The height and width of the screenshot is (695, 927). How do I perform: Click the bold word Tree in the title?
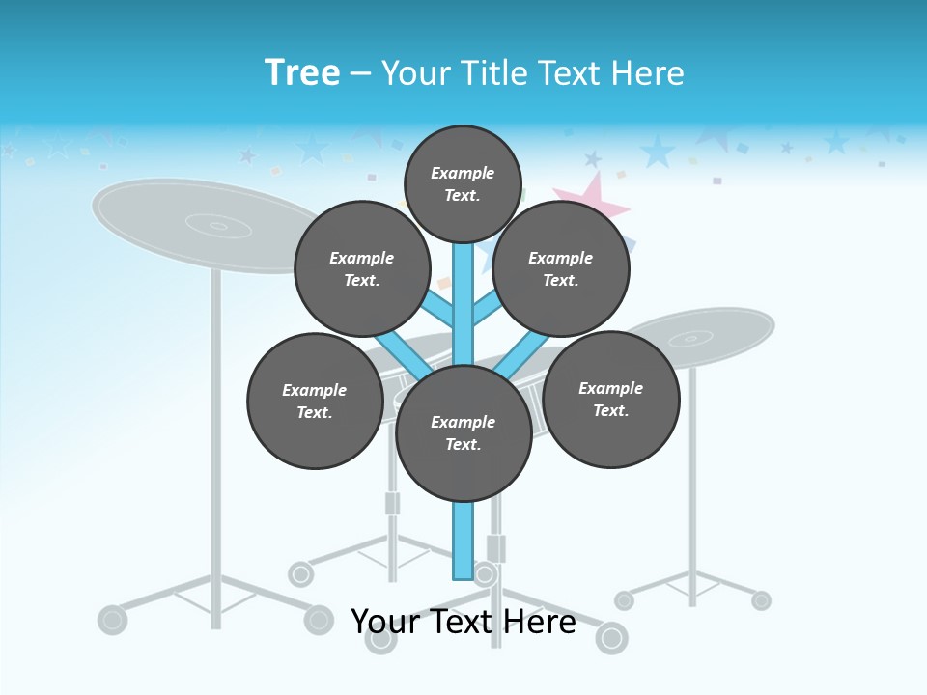(302, 72)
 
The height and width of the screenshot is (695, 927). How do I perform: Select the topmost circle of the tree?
(463, 183)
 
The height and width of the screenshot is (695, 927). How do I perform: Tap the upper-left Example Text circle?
(361, 268)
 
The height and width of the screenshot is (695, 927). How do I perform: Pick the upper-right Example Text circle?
(561, 268)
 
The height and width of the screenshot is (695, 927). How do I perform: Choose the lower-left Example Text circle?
(314, 401)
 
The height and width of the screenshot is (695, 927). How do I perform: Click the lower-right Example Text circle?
(610, 399)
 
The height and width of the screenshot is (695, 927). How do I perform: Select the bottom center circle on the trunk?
(463, 432)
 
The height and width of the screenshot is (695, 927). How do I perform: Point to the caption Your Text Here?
(463, 622)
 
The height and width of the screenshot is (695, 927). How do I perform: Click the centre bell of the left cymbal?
(218, 227)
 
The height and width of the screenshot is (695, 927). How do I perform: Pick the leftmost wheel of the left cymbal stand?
(113, 619)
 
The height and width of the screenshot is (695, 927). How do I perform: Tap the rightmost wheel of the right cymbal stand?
(761, 600)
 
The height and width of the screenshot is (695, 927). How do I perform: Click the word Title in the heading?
(492, 73)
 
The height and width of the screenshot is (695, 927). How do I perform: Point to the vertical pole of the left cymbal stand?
(215, 434)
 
